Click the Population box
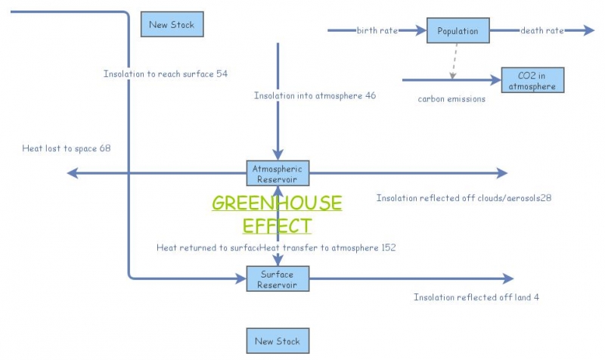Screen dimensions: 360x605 (x=458, y=31)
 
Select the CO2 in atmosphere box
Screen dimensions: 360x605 (x=532, y=81)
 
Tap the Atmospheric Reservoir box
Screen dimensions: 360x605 (x=278, y=173)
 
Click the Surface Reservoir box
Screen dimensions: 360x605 (x=278, y=279)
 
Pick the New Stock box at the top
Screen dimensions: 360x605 (x=172, y=24)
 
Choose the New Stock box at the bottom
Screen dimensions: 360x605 (x=278, y=341)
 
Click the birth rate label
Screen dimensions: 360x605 (x=377, y=31)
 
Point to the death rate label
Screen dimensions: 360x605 (x=541, y=31)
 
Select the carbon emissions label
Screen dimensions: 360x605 (x=451, y=98)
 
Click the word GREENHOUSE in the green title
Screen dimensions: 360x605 (x=277, y=203)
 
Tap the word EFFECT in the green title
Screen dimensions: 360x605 (x=277, y=225)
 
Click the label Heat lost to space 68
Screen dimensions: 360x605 (x=67, y=148)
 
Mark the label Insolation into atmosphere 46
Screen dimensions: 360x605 (x=315, y=96)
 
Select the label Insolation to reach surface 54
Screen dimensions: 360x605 (x=166, y=74)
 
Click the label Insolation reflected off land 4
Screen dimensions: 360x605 (x=476, y=297)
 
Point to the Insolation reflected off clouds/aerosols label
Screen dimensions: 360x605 (x=464, y=198)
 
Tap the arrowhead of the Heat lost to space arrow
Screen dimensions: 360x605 (x=73, y=173)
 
